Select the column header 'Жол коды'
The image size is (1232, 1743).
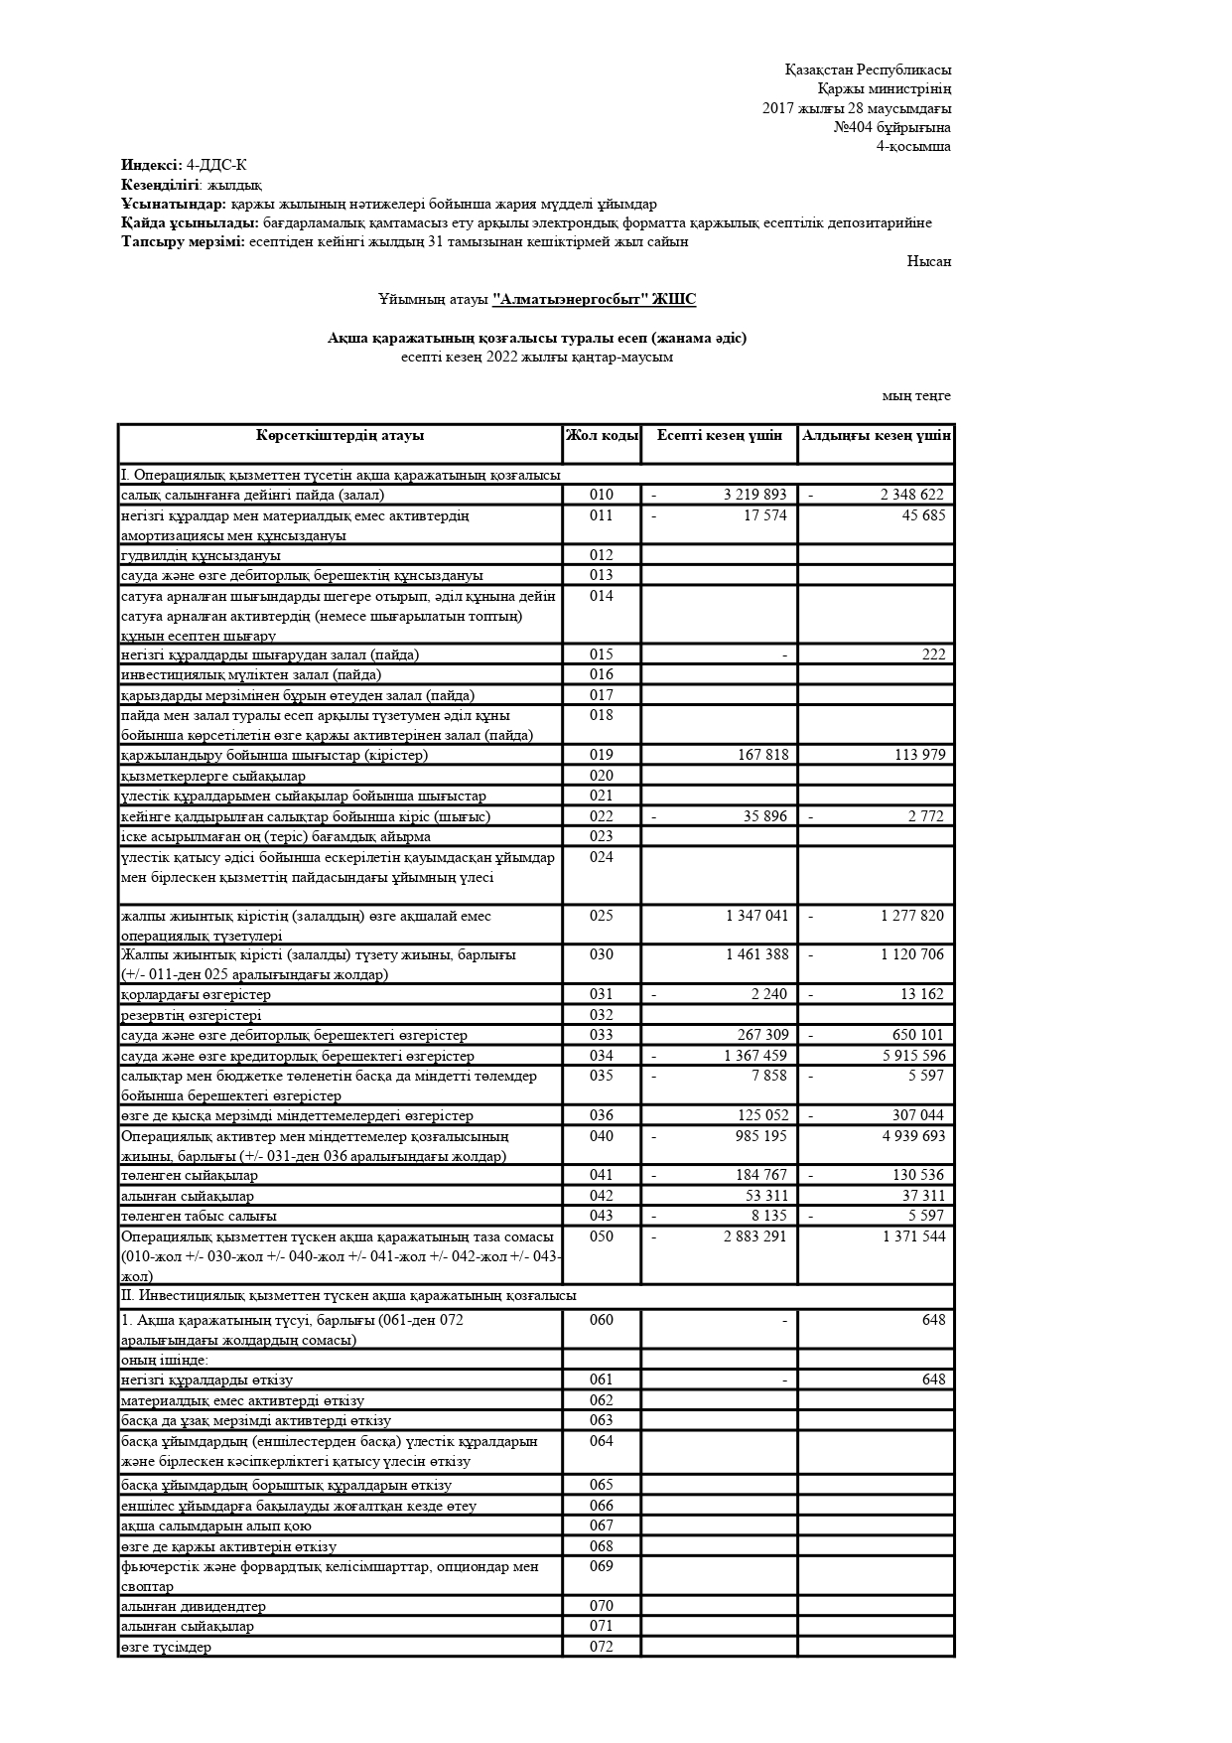click(x=602, y=436)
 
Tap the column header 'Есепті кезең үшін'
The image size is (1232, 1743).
click(x=720, y=436)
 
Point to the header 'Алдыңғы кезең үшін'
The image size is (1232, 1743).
click(x=877, y=436)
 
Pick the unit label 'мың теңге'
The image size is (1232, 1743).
click(x=916, y=395)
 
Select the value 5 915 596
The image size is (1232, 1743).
click(x=913, y=1056)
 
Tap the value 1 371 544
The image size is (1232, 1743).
click(x=913, y=1236)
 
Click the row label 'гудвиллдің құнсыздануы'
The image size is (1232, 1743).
click(x=201, y=556)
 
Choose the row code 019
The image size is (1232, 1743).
click(x=602, y=755)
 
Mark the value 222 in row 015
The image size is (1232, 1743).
click(x=933, y=654)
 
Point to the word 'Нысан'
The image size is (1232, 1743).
click(x=928, y=261)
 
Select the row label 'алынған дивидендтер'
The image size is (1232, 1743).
click(x=194, y=1606)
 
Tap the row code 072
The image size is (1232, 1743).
click(x=602, y=1647)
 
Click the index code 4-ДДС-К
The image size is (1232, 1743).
click(x=216, y=165)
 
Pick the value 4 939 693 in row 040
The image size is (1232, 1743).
click(x=913, y=1136)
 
